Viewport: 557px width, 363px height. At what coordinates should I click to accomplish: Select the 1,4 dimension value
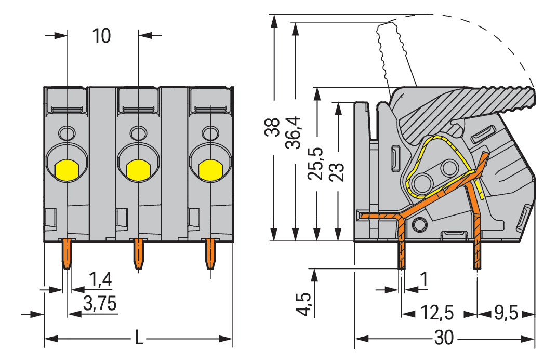[x=100, y=281]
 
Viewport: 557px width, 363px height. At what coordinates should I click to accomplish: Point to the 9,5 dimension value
[x=505, y=314]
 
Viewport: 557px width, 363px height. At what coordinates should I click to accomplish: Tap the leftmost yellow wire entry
[x=67, y=170]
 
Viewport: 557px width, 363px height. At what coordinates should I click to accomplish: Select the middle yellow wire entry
[x=138, y=170]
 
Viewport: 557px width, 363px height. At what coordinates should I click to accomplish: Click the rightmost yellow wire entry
[x=209, y=170]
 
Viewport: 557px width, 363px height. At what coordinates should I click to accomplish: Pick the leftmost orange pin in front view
[x=67, y=254]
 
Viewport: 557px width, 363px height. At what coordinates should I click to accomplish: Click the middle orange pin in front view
[x=138, y=254]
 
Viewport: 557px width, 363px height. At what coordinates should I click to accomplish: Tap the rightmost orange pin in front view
[x=210, y=254]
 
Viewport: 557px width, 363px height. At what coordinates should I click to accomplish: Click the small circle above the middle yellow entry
[x=138, y=133]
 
